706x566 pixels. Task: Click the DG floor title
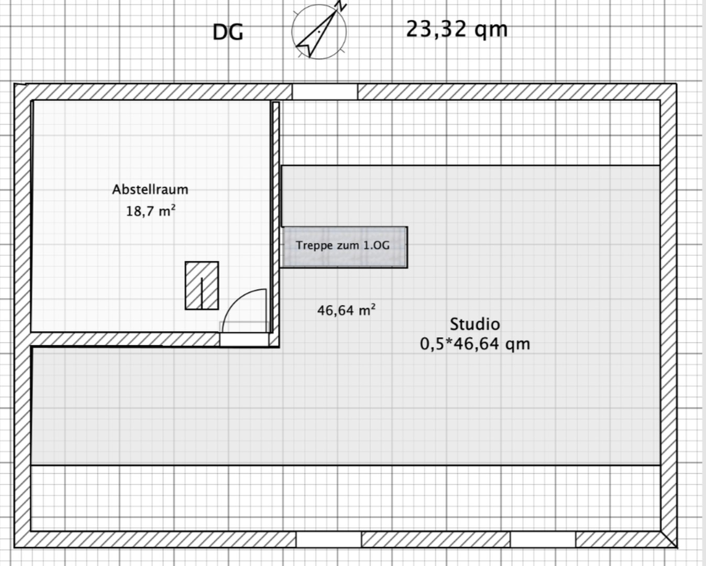pos(228,32)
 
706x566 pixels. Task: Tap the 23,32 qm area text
pos(457,29)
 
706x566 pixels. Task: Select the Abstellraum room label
pos(150,189)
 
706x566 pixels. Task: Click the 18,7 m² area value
pos(151,211)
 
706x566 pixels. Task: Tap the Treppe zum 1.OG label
pos(343,245)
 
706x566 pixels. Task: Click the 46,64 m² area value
pos(346,310)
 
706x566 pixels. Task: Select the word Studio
pos(475,324)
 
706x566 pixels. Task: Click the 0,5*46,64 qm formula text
pos(475,344)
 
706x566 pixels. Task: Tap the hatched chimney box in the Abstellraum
pos(202,285)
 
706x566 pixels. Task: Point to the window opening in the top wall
pos(325,92)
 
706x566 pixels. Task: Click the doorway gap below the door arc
pos(244,340)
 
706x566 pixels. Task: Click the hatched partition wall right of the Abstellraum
pos(276,223)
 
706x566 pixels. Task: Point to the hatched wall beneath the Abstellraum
pos(125,340)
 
